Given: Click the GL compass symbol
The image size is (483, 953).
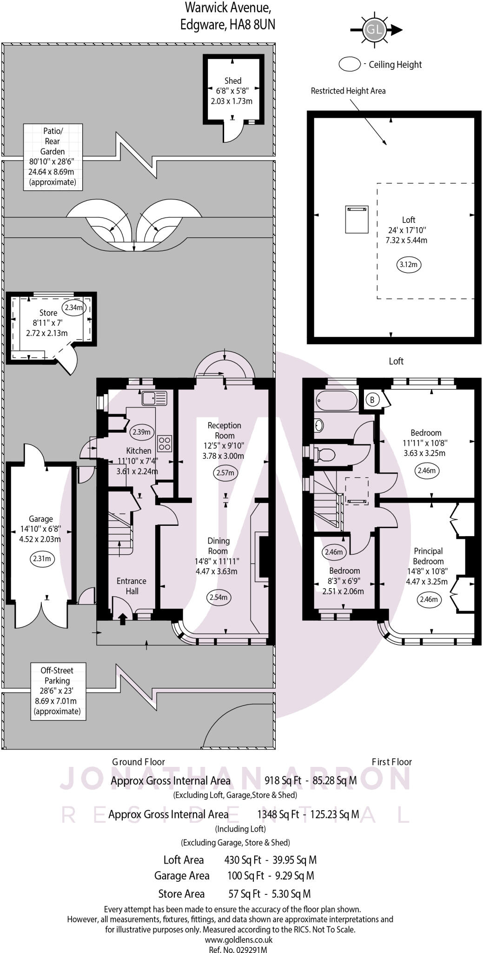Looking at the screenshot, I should [375, 30].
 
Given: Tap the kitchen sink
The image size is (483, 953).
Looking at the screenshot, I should [154, 399].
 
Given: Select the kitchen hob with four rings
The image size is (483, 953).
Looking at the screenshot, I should [165, 443].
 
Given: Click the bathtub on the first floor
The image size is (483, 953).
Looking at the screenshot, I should [336, 401].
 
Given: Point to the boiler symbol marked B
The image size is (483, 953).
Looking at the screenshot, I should [372, 399].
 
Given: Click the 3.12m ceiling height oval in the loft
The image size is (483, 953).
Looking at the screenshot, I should [409, 265].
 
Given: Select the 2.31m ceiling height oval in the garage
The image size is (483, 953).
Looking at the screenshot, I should [42, 558].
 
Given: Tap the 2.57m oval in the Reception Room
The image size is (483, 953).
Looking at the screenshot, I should [225, 473].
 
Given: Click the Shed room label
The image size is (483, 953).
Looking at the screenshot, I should [233, 81].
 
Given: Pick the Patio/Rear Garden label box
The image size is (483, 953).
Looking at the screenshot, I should [53, 157].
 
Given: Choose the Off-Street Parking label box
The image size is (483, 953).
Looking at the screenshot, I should [58, 691].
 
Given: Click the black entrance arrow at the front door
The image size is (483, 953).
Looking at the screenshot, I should [123, 618].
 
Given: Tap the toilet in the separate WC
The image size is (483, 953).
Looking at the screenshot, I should [326, 454].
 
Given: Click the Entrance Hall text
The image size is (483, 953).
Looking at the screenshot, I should [131, 586].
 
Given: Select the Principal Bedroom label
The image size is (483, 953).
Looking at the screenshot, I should [428, 556].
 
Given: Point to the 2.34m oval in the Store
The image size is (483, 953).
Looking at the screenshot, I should [74, 308].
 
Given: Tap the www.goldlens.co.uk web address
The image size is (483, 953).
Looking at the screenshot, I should [238, 940].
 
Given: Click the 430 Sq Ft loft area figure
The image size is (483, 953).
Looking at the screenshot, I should [242, 860].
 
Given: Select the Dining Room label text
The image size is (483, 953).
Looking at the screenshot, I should [218, 545].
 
